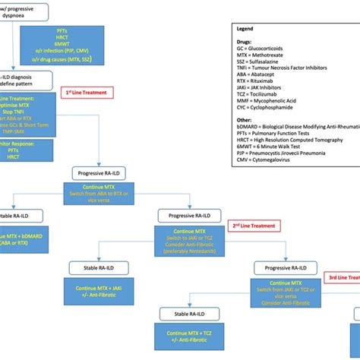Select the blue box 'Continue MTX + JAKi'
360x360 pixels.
pos(104,292)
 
